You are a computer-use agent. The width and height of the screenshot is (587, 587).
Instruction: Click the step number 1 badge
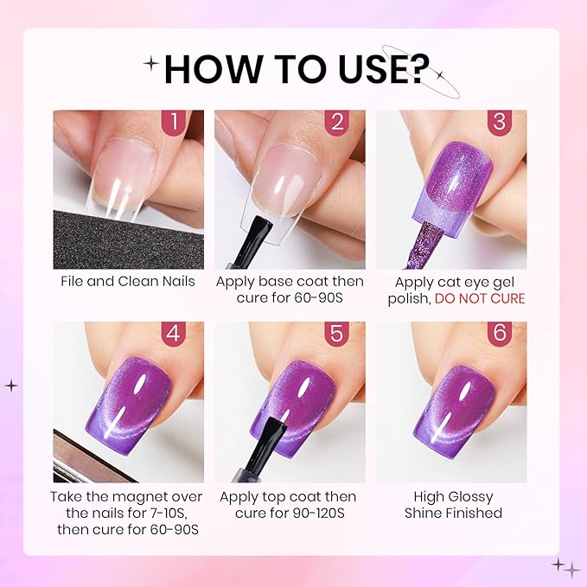(175, 122)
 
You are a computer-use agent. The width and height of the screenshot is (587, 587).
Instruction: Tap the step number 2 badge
(337, 122)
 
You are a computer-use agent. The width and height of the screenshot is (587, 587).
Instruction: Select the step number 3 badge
(498, 122)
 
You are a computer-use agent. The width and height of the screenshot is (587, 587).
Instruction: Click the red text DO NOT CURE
(480, 298)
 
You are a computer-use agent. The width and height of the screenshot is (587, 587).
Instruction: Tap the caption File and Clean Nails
(127, 281)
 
